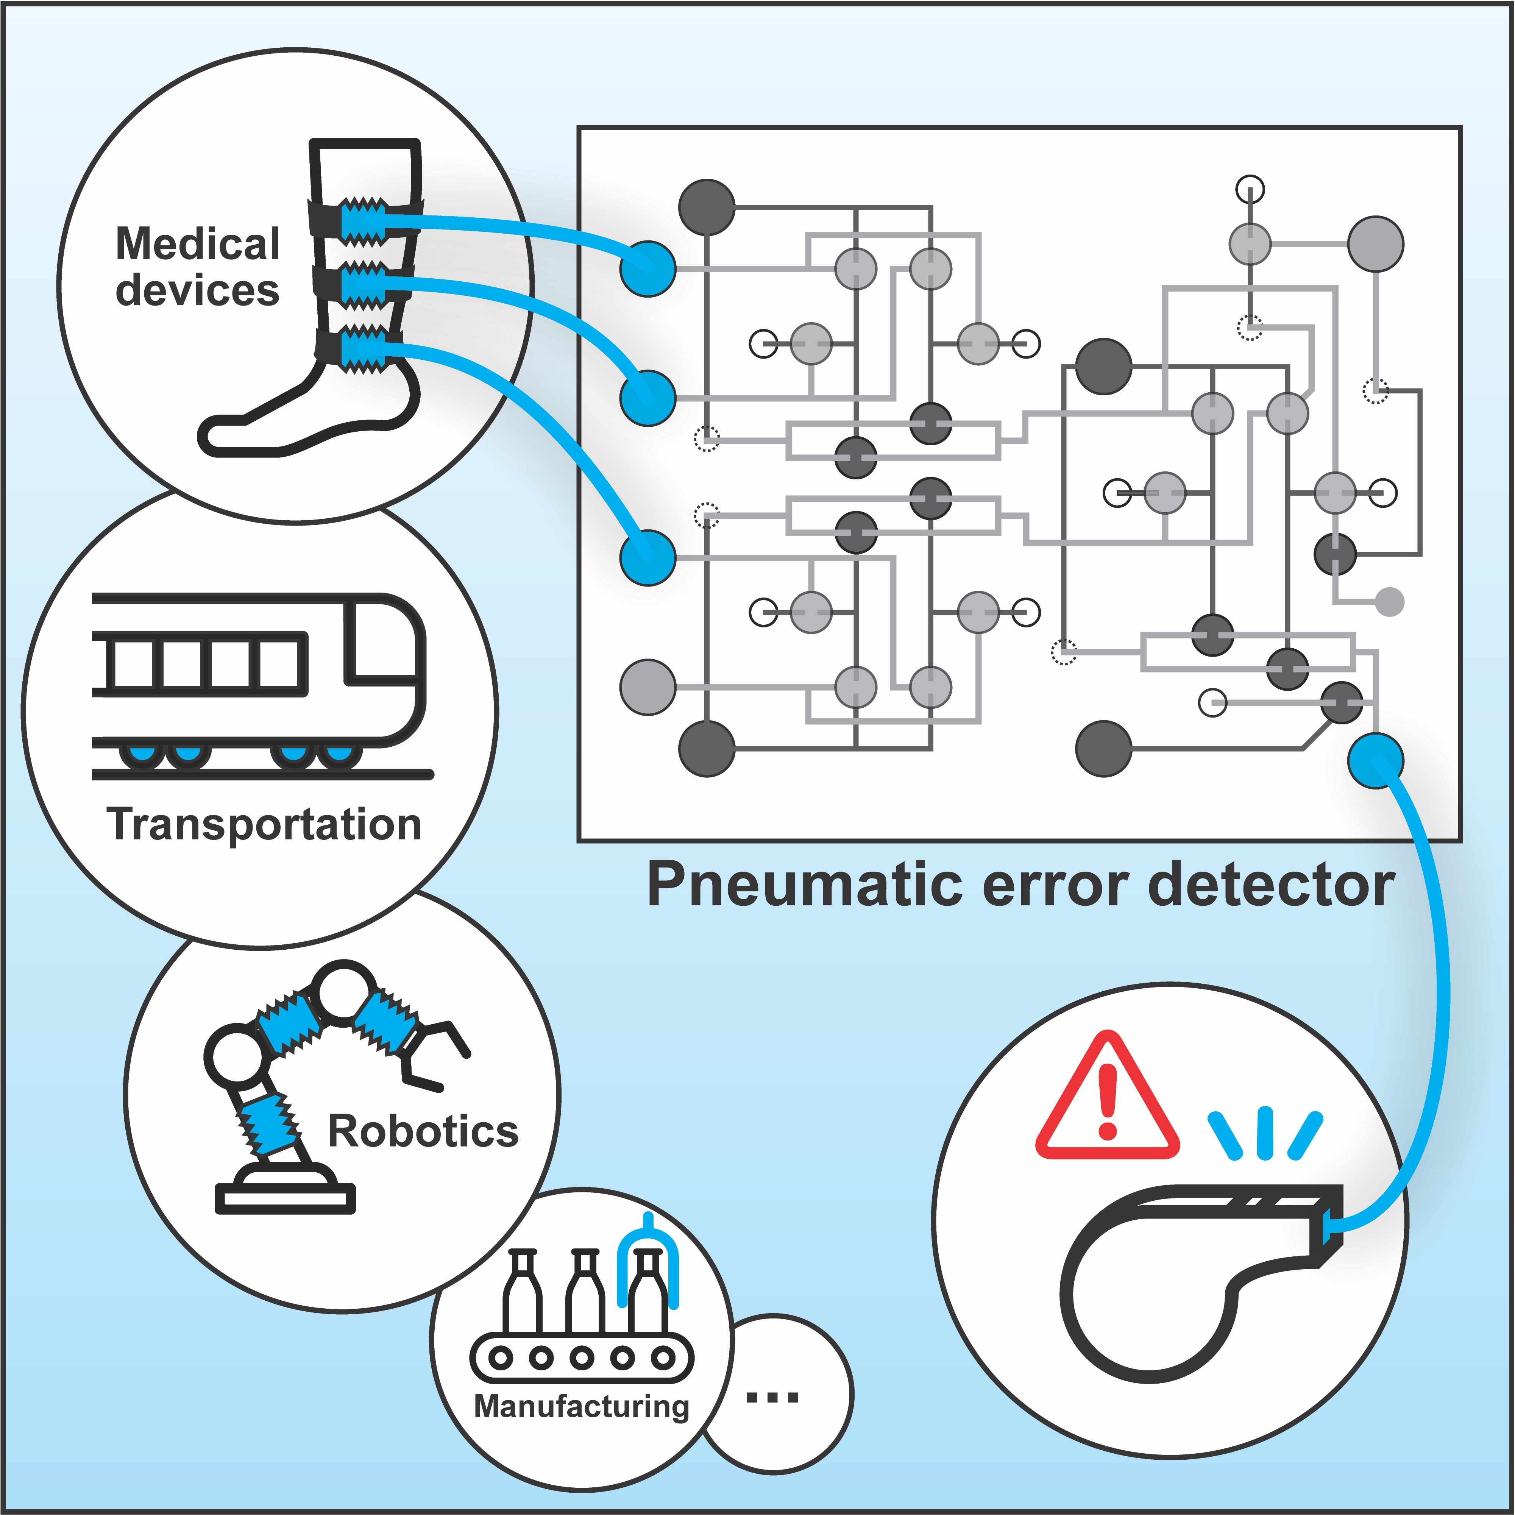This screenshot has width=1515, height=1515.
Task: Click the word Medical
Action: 198,244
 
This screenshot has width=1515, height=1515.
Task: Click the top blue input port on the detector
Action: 648,268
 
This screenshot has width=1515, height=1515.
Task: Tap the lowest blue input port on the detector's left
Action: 648,557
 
